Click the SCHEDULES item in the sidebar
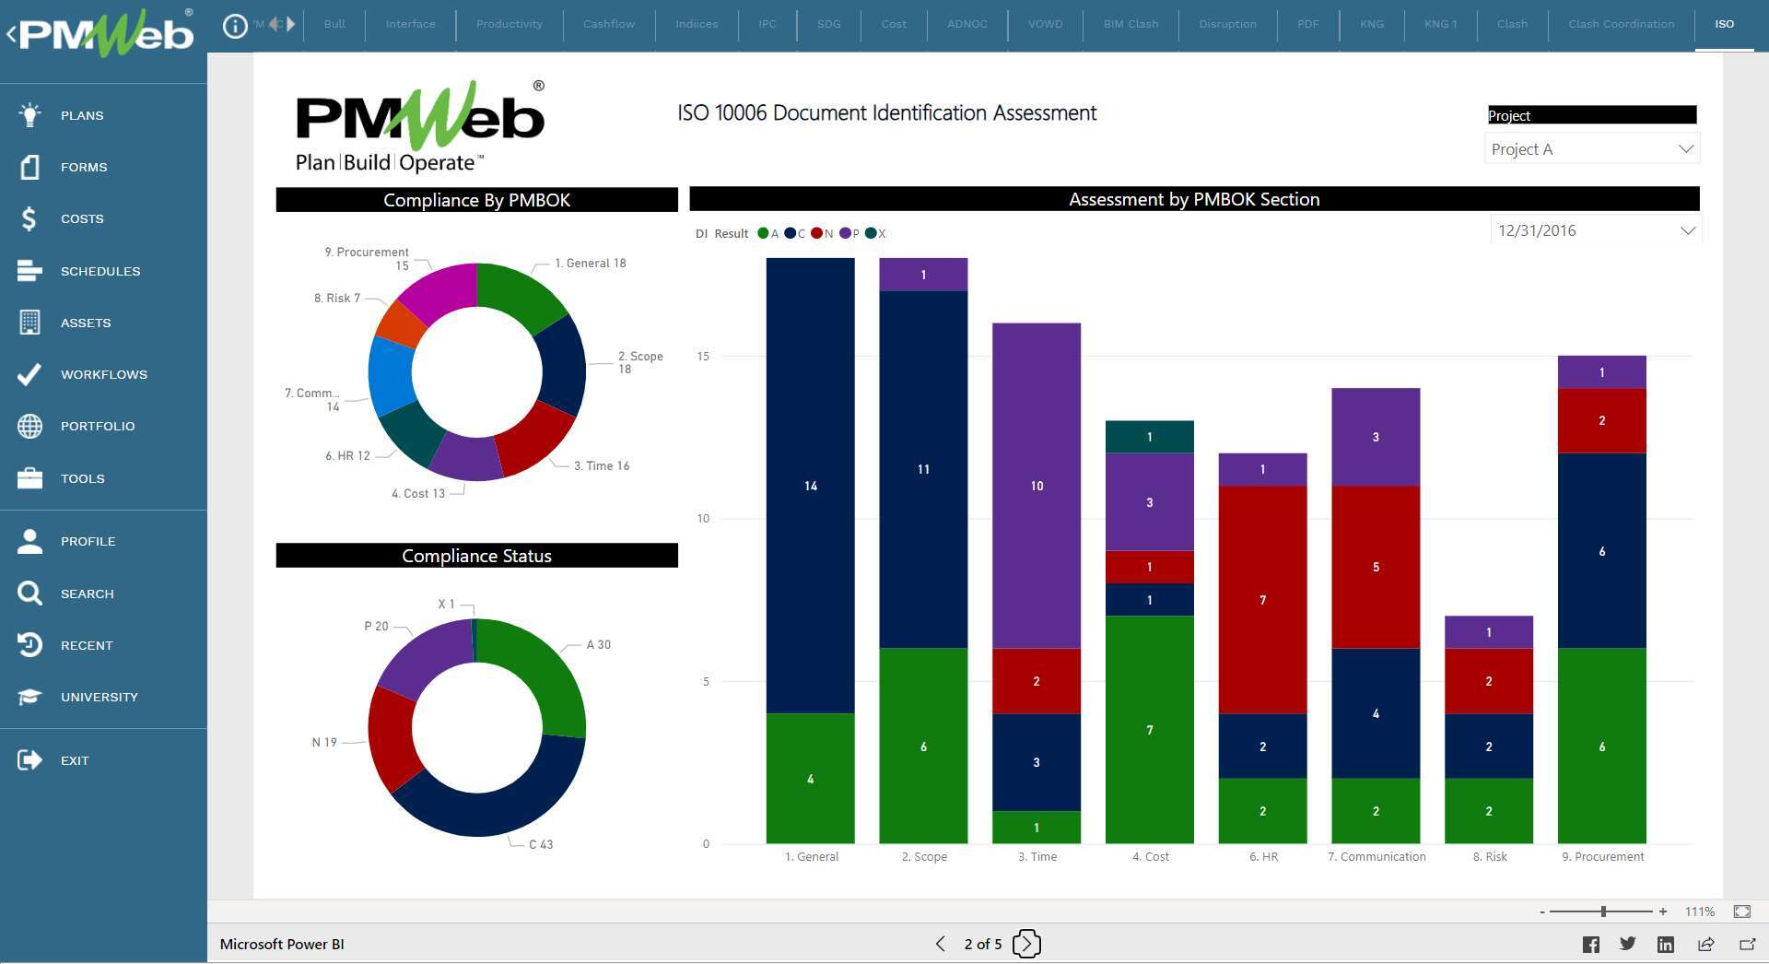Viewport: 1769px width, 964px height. coord(100,271)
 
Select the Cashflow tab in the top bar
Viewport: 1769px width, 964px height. coord(608,24)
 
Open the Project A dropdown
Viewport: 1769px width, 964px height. coord(1591,149)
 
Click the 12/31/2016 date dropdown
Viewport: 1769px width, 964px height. coord(1595,230)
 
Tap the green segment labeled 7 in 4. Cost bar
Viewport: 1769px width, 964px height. coord(1149,729)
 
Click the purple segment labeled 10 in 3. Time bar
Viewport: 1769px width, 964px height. coord(1036,486)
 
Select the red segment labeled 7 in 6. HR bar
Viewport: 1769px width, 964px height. coord(1262,599)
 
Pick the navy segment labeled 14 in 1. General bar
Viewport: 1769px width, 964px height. coord(810,486)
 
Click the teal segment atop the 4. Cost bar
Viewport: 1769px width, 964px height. coord(1149,436)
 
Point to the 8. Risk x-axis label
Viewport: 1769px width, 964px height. coord(1489,856)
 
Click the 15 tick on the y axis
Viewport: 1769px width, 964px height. coord(703,356)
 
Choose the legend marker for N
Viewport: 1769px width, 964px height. coord(816,233)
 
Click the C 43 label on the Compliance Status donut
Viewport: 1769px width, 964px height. coord(540,844)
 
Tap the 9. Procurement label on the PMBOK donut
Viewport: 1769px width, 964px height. coord(367,253)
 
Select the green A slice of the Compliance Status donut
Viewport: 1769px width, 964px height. coord(544,672)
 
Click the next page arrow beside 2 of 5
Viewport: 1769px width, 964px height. coord(1026,944)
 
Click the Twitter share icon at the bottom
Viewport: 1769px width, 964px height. coord(1627,944)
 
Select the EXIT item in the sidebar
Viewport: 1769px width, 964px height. coord(74,760)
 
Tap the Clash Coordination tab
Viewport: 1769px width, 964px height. coord(1621,24)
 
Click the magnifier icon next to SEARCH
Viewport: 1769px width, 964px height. coord(29,593)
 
